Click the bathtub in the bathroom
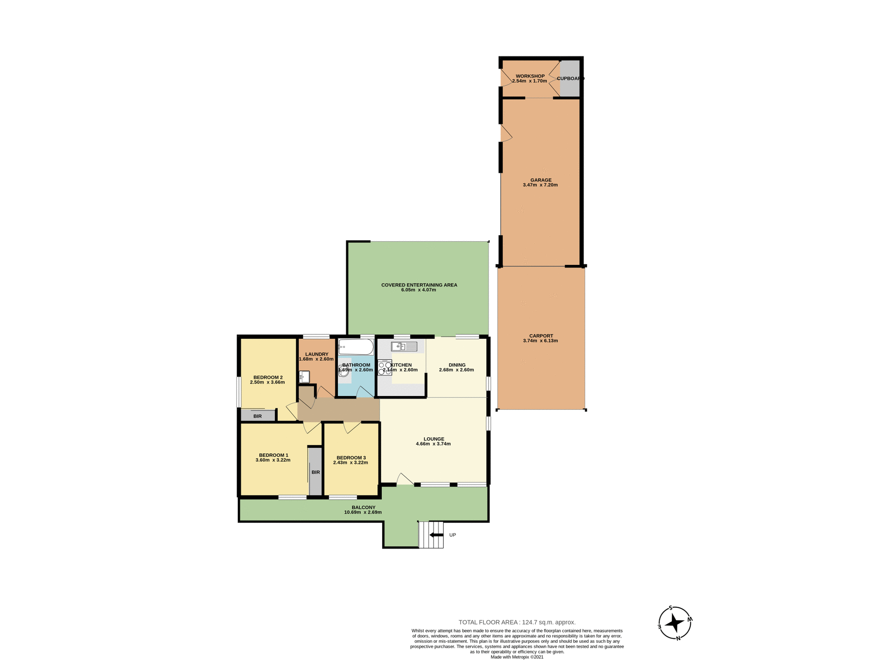coord(356,347)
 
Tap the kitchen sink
coord(404,346)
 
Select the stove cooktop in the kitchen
coord(385,368)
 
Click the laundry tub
coord(304,377)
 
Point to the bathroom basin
coord(344,370)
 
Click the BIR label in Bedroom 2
coord(258,416)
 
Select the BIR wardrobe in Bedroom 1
coord(315,471)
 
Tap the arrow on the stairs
coord(436,535)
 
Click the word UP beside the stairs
coord(452,535)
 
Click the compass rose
coord(675,623)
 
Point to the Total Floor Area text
coord(517,622)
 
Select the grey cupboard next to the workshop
coord(570,78)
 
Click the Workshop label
coord(530,76)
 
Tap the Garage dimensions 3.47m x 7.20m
coord(540,185)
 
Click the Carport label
coord(541,335)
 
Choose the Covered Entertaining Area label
coord(419,285)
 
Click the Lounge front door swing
coord(404,479)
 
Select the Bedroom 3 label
coord(351,457)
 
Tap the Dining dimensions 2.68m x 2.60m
coord(456,370)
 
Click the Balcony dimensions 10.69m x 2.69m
coord(363,512)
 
